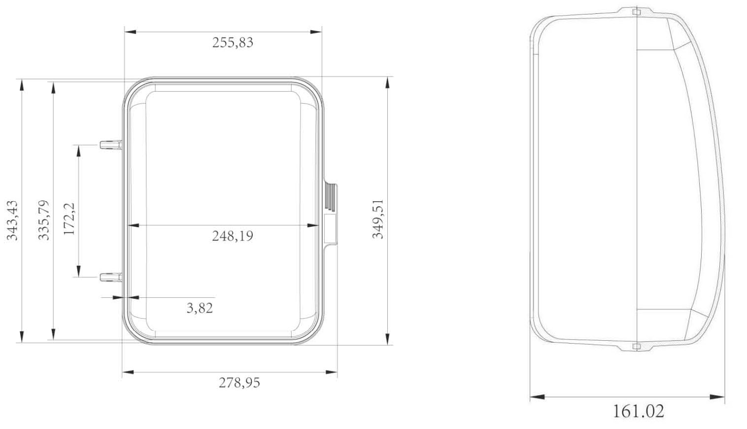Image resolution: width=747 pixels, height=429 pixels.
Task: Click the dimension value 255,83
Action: point(233,42)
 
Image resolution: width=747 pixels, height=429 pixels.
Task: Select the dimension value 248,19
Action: point(233,236)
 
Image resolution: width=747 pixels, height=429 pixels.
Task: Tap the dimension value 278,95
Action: point(239,383)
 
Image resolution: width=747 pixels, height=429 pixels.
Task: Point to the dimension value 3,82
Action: point(200,308)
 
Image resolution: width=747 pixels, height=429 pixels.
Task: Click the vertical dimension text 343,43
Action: point(12,220)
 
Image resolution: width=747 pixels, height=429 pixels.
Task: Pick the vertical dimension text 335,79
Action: point(44,220)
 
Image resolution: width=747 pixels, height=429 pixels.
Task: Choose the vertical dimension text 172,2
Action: point(69,219)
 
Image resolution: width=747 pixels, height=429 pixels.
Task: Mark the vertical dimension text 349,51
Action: point(377,219)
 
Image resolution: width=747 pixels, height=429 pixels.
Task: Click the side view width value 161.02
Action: point(638,411)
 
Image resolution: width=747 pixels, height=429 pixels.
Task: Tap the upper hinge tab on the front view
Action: point(110,144)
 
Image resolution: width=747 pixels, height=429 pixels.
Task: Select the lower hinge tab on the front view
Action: point(110,277)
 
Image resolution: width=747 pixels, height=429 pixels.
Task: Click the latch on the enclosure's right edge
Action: point(330,214)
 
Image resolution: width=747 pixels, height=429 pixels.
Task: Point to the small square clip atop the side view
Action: point(636,11)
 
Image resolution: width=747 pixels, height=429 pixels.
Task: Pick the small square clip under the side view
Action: point(636,347)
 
